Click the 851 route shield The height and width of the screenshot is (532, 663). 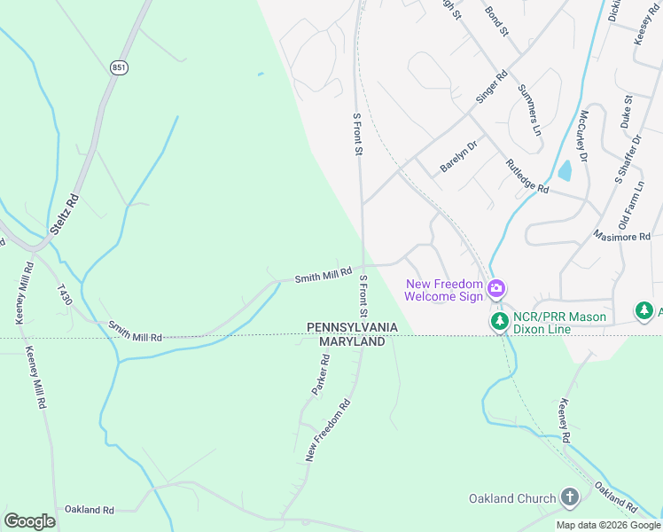[x=120, y=67]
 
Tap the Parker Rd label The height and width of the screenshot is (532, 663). [x=320, y=375]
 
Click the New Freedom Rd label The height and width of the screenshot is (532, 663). [x=328, y=429]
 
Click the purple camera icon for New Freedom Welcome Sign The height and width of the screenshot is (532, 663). [x=497, y=288]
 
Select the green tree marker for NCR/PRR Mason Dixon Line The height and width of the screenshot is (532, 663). [x=499, y=320]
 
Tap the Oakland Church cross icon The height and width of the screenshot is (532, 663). [x=571, y=498]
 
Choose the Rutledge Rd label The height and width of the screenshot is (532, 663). [x=527, y=176]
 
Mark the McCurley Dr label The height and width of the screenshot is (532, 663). [x=583, y=136]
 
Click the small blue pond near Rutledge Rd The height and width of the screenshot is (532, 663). [x=564, y=170]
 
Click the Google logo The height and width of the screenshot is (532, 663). [x=29, y=520]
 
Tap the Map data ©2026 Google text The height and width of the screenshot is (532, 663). [x=607, y=525]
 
